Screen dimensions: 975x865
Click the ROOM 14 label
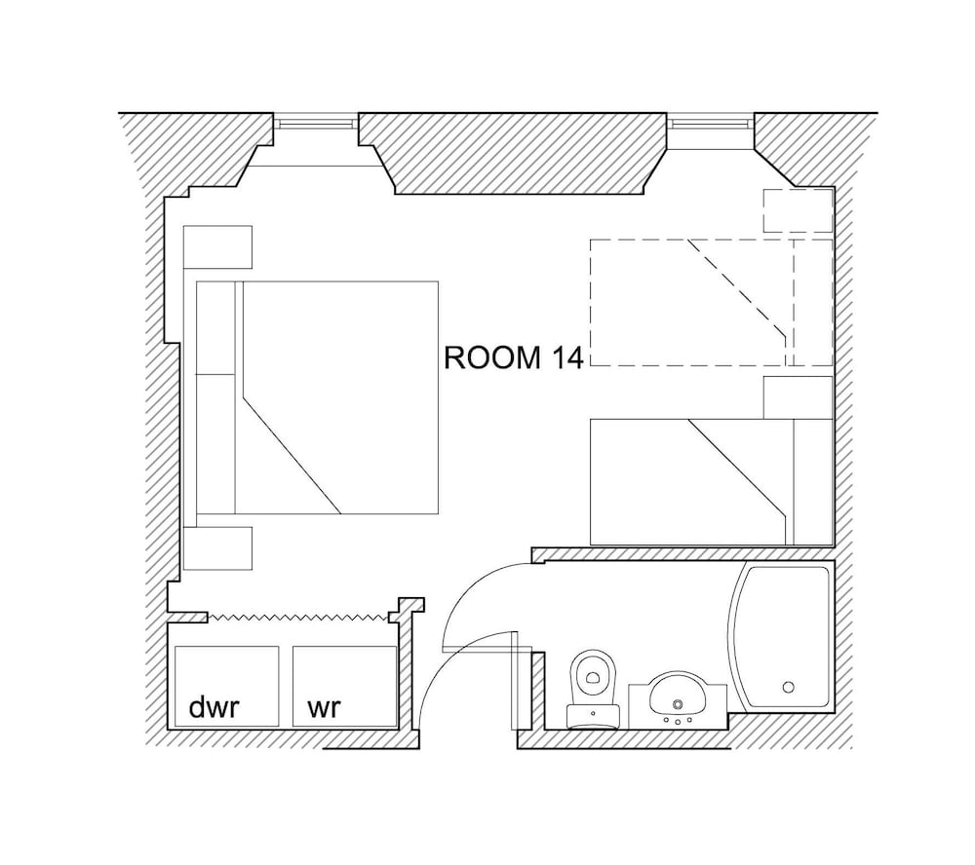coord(514,357)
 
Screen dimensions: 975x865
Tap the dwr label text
coord(214,706)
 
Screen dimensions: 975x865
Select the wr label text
coord(324,707)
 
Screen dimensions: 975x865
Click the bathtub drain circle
coord(789,688)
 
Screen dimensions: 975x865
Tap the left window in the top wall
coord(317,122)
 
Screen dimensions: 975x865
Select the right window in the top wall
coord(710,122)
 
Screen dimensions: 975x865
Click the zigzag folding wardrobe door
coord(297,617)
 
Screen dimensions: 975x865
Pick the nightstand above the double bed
coord(217,247)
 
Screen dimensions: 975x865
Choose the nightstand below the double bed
coord(217,548)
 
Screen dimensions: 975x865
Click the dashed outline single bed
coord(712,303)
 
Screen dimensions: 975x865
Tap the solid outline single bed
coord(712,482)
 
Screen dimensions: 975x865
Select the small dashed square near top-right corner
coord(799,210)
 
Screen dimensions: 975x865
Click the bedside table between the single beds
coord(799,397)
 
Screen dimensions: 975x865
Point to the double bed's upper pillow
coord(215,328)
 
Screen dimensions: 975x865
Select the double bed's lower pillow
coord(215,444)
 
